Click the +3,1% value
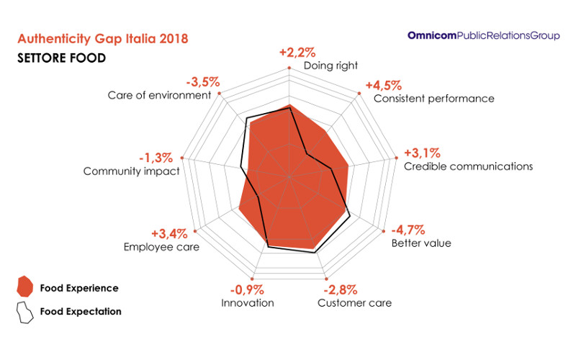pos(423,153)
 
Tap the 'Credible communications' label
pos(468,166)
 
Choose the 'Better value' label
pos(421,243)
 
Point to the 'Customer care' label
pos(355,302)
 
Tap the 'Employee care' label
pos(162,247)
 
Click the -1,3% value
pos(156,158)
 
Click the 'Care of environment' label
pos(159,95)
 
